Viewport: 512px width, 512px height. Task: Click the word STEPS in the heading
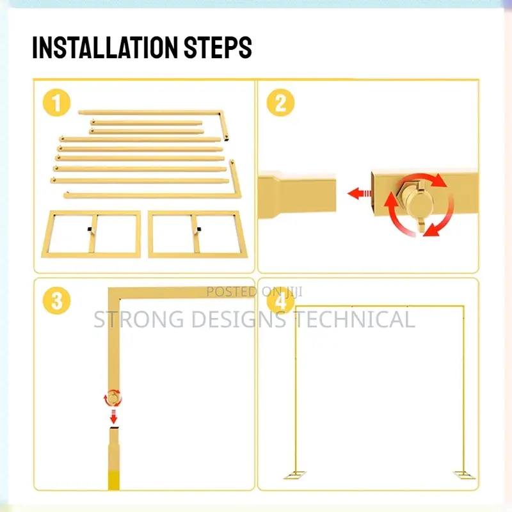tap(218, 47)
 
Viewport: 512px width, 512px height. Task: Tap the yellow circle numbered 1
tap(56, 103)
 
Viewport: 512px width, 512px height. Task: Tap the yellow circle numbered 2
tap(280, 103)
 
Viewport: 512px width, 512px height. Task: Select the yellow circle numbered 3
tap(56, 301)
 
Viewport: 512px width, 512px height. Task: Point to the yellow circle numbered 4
tap(280, 301)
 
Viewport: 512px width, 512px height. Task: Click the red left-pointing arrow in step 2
tap(360, 193)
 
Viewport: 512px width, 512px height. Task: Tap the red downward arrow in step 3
tap(113, 417)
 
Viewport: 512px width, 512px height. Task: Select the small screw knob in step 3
tap(113, 398)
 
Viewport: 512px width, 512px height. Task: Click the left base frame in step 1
tap(91, 234)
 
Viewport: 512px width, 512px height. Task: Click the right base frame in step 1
tap(198, 234)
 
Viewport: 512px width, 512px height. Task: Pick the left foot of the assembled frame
tap(295, 475)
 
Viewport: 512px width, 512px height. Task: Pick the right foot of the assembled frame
tap(465, 475)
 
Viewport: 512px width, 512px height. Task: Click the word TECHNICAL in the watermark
tap(355, 319)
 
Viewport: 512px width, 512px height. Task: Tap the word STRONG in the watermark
tap(139, 319)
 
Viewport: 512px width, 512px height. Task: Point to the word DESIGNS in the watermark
tap(239, 319)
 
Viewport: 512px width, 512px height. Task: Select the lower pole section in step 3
tap(114, 458)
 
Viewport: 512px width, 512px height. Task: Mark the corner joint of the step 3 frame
tap(114, 293)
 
